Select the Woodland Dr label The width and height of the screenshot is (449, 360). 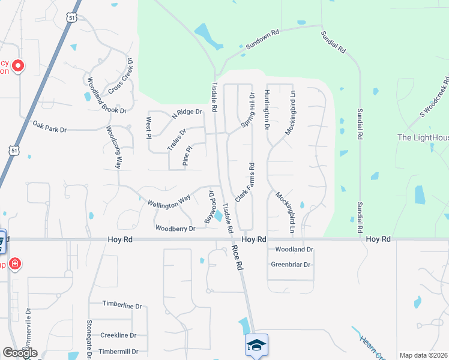pyautogui.click(x=294, y=249)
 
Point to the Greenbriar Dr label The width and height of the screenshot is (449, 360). pyautogui.click(x=291, y=265)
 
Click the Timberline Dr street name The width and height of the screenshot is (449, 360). pyautogui.click(x=122, y=305)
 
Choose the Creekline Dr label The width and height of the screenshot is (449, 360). pyautogui.click(x=118, y=335)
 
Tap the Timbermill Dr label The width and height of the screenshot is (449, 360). pyautogui.click(x=118, y=352)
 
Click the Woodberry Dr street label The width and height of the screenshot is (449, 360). pyautogui.click(x=175, y=229)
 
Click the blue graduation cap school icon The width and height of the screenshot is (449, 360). pyautogui.click(x=256, y=345)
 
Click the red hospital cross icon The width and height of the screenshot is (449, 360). pyautogui.click(x=15, y=263)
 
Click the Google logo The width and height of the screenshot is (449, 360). pyautogui.click(x=20, y=353)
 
